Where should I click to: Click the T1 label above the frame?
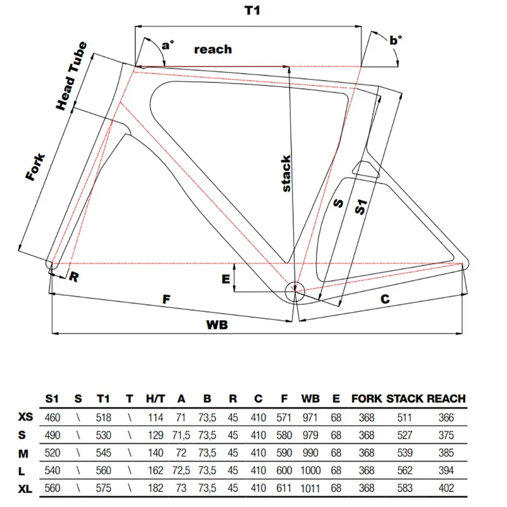(x=252, y=11)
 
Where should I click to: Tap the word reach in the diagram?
(x=212, y=49)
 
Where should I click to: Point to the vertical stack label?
(x=286, y=174)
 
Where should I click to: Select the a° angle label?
(x=168, y=44)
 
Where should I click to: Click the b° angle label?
(x=395, y=40)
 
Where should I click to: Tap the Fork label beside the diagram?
(x=37, y=167)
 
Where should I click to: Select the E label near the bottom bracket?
(x=225, y=279)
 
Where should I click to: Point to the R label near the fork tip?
(x=74, y=276)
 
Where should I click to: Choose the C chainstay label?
(x=384, y=298)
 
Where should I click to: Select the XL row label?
(x=25, y=489)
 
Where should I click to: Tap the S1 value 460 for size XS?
(x=54, y=418)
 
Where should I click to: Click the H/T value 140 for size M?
(x=156, y=453)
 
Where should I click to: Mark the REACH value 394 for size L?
(x=447, y=471)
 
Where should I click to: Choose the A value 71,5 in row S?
(x=181, y=435)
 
